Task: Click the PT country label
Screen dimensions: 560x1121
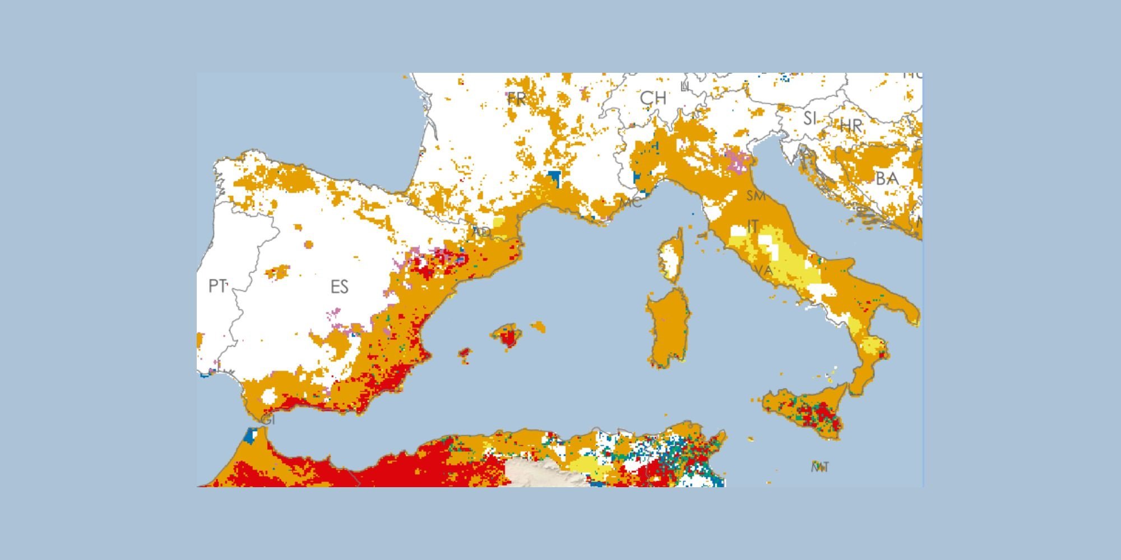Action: pos(217,286)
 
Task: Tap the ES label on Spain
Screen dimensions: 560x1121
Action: pos(339,287)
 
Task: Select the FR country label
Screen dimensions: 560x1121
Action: pos(516,99)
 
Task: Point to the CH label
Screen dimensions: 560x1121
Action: pos(653,98)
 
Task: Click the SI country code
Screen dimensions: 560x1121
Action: pos(810,118)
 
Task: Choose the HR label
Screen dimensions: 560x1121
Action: pos(850,125)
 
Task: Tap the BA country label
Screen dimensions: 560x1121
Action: pos(887,179)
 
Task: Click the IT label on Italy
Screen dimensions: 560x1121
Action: pos(753,226)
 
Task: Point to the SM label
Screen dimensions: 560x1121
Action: pos(756,196)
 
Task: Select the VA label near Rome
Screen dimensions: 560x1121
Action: pos(763,270)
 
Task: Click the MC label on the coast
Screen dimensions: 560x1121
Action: pos(632,203)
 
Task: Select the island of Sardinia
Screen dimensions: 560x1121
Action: pos(667,330)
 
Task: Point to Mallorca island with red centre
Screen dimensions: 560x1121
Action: pos(508,336)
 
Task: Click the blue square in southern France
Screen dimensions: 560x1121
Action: pos(555,178)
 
